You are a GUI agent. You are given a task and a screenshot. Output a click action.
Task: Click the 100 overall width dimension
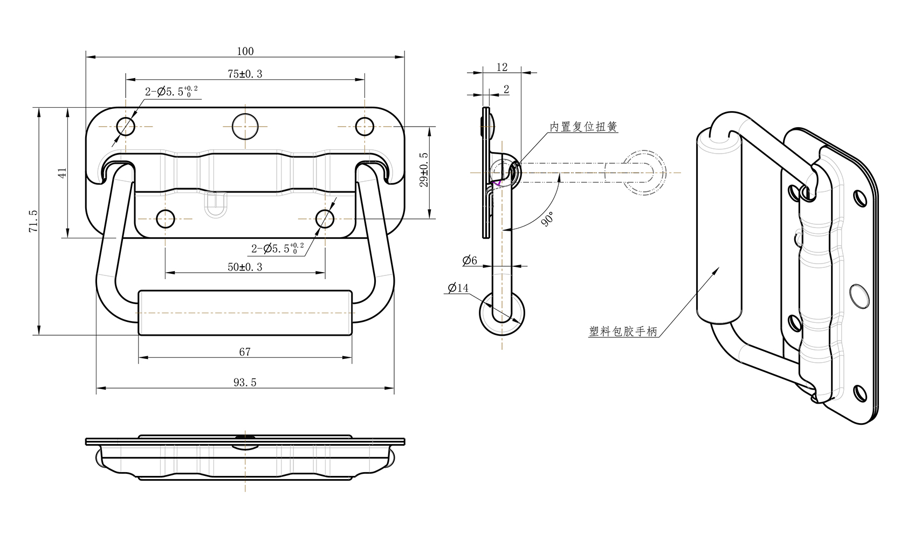[x=245, y=51]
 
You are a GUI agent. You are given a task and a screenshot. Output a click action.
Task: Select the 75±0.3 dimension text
[x=245, y=74]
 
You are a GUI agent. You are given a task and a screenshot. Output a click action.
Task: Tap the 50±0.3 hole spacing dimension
[x=245, y=267]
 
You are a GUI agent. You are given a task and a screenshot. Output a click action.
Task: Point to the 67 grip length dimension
[x=245, y=352]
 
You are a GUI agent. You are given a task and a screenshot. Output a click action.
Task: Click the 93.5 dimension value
[x=245, y=382]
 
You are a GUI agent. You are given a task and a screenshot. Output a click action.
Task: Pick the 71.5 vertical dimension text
[x=33, y=221]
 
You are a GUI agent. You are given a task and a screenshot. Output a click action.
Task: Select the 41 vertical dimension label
[x=63, y=173]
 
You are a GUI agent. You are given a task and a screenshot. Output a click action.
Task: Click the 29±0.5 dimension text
[x=424, y=169]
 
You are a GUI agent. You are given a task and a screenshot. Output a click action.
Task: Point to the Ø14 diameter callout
[x=458, y=288]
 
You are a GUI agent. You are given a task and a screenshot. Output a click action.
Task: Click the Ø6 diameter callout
[x=470, y=261]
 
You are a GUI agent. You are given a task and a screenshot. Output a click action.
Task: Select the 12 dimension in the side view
[x=502, y=67]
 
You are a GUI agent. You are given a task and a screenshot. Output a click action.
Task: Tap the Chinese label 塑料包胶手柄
[x=623, y=331]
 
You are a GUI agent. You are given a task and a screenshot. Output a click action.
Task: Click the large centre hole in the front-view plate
[x=245, y=127]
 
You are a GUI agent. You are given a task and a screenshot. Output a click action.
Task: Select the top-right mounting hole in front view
[x=365, y=127]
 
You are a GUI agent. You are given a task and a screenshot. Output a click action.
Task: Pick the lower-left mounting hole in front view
[x=166, y=219]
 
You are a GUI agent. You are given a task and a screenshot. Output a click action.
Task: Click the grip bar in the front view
[x=245, y=313]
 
